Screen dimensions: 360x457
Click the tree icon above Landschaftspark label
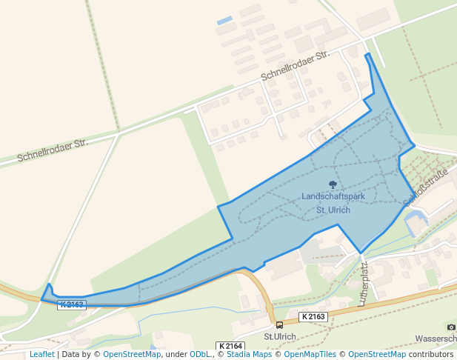coord(333,185)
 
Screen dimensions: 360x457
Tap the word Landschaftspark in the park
coord(333,196)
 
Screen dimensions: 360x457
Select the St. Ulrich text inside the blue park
coord(333,210)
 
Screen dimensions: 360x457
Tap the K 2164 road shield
coord(230,346)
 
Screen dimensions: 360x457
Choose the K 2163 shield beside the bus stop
coord(313,316)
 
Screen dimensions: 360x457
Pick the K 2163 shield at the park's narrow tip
coord(72,304)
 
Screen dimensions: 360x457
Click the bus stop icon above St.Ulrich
coord(279,324)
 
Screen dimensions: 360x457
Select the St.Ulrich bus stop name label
coord(280,336)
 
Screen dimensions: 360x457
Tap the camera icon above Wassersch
coord(451,327)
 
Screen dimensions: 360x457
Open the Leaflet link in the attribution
coord(42,354)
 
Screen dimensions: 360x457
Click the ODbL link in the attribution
coord(200,354)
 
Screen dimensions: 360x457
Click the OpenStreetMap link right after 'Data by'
coord(132,354)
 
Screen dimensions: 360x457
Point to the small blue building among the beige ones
coord(224,21)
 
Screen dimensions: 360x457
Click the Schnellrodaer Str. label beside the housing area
coord(295,67)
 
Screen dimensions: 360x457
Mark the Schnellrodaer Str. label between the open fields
coord(52,150)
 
